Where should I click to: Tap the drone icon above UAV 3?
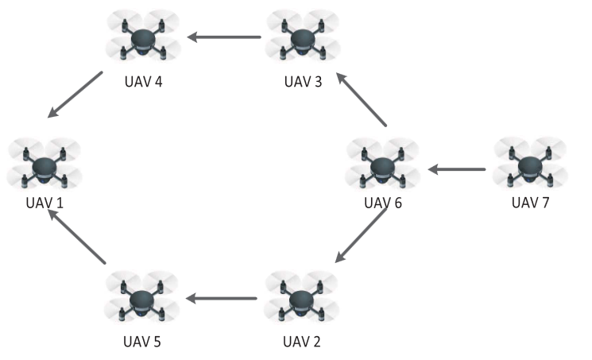(300, 37)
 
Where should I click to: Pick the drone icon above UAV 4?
(143, 37)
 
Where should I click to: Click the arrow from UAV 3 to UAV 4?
(225, 37)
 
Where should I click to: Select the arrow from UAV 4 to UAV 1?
(75, 95)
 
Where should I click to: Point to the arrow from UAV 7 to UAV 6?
(457, 168)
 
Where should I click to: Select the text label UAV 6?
(383, 202)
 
